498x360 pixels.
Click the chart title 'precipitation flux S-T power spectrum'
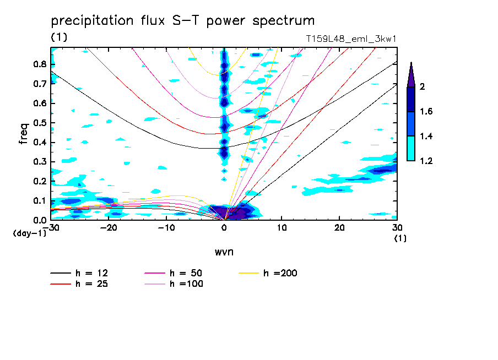[x=182, y=21]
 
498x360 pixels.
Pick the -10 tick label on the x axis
[x=166, y=228]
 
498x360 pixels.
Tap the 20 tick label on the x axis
[x=339, y=228]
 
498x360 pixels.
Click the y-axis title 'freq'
[x=23, y=134]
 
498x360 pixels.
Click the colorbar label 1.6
[x=426, y=112]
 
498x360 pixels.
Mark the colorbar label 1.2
[x=426, y=161]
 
